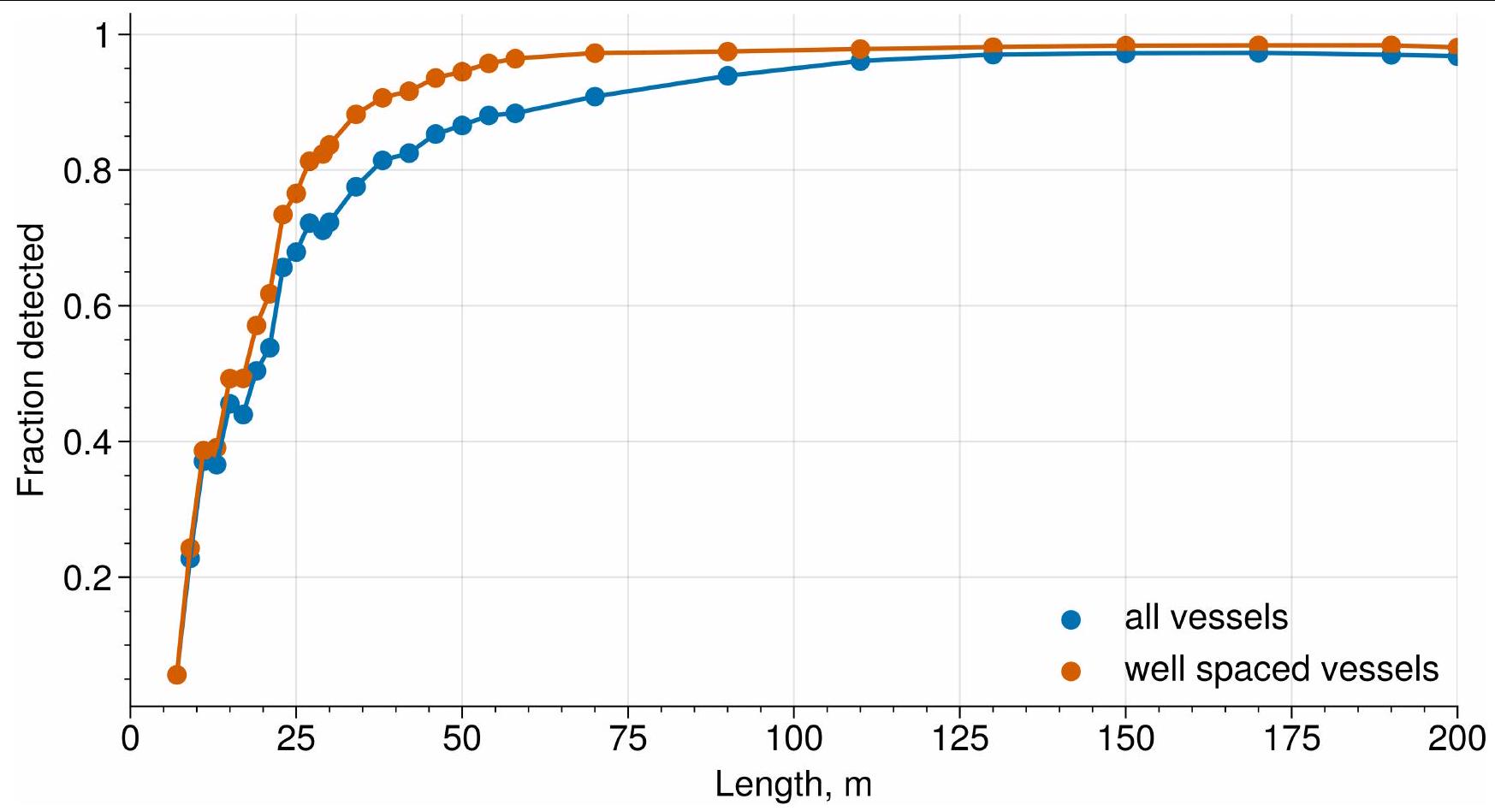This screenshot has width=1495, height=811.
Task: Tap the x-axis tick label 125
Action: tap(959, 737)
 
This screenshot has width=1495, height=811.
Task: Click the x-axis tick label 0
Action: tap(130, 737)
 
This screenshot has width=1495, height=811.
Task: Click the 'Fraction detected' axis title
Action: tap(32, 360)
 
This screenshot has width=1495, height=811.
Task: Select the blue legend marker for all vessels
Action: tap(1071, 619)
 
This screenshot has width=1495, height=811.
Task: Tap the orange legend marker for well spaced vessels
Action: tap(1071, 671)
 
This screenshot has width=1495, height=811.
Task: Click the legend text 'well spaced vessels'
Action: tap(1281, 669)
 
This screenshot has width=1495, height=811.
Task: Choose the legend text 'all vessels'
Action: tap(1206, 618)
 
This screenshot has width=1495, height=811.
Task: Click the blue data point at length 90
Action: tap(727, 76)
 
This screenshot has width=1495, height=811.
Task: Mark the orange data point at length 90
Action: tap(727, 51)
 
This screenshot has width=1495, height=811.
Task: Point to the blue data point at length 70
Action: tap(595, 97)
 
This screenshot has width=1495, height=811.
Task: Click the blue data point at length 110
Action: tap(860, 61)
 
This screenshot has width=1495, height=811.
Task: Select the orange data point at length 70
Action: tap(595, 53)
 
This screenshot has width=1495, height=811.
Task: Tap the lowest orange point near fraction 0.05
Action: tap(177, 675)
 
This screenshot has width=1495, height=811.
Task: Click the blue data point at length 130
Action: tap(993, 55)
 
